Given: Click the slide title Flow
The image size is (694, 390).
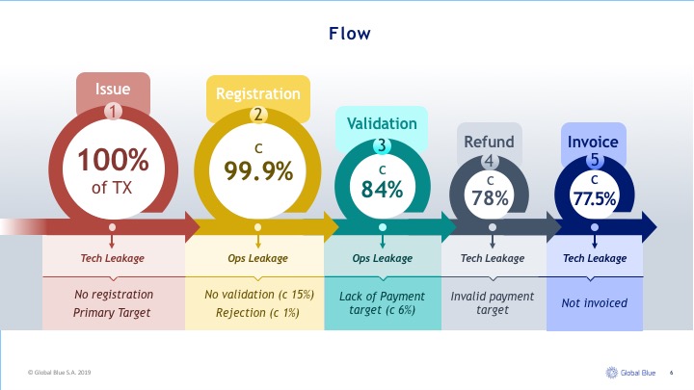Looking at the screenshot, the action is point(349,34).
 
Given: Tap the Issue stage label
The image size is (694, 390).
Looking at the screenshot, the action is point(113,89).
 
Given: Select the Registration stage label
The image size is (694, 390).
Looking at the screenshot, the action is point(258,93).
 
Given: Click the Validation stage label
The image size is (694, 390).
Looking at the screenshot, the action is point(382,123).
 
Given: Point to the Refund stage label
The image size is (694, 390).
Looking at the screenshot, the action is point(489,142).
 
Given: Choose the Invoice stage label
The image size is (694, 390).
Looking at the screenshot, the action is point(593,142).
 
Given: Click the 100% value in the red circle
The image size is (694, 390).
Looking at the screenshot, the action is point(114,160).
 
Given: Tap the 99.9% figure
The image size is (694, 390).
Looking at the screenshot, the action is point(258,171).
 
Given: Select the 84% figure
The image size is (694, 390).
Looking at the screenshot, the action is point(382,190).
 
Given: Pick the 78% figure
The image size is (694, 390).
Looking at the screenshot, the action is point(490,198).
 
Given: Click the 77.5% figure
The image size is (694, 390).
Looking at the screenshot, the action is point(595,198).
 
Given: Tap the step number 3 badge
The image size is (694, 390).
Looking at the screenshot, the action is point(382,145).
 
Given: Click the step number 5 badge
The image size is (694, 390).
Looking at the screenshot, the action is point(595,160).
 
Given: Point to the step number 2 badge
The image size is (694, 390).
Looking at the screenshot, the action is point(258,115).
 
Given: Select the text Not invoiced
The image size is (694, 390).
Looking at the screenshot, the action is point(595,303).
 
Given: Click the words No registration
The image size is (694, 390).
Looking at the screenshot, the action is point(114,295).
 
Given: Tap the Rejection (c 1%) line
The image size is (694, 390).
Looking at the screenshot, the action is point(257,313).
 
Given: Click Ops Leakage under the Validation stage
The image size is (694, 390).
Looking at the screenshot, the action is point(383,258).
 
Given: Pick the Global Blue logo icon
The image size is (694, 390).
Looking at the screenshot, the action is point(612,373).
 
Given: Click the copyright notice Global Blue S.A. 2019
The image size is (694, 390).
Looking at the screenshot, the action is point(60,373).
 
